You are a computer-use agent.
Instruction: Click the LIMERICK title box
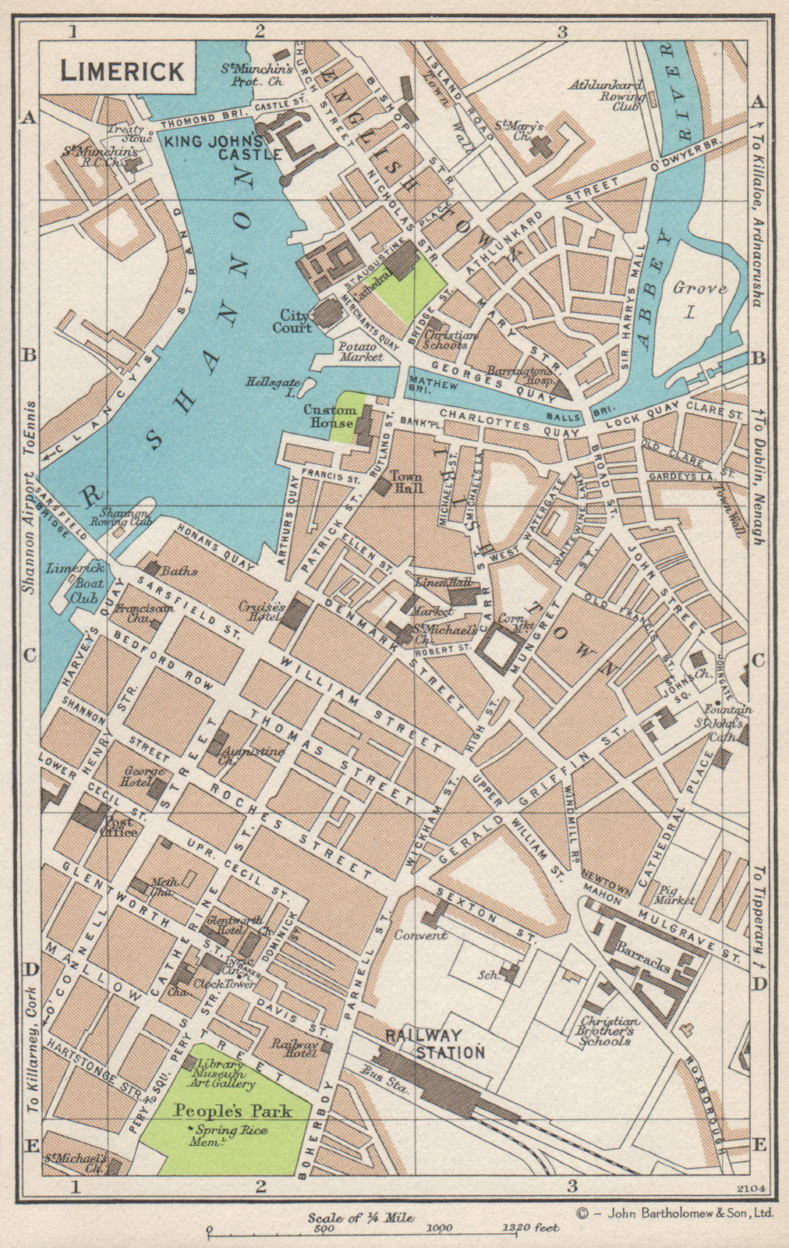(122, 71)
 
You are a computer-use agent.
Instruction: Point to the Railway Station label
(434, 1044)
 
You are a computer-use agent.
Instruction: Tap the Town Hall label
(406, 481)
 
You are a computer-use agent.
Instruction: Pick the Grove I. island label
(701, 300)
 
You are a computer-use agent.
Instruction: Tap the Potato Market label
(361, 351)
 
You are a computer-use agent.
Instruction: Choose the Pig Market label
(676, 894)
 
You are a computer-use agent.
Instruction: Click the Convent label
(420, 934)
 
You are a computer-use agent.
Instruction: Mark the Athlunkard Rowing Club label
(608, 97)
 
